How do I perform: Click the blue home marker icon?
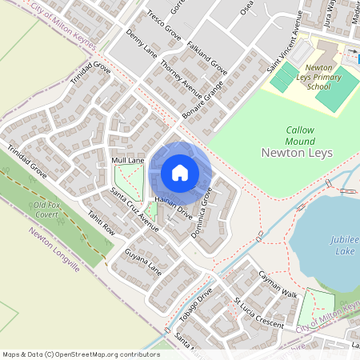click(180, 173)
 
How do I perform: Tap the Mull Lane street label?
click(128, 161)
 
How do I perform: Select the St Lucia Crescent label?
click(258, 313)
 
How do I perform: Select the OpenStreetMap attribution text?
click(81, 354)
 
